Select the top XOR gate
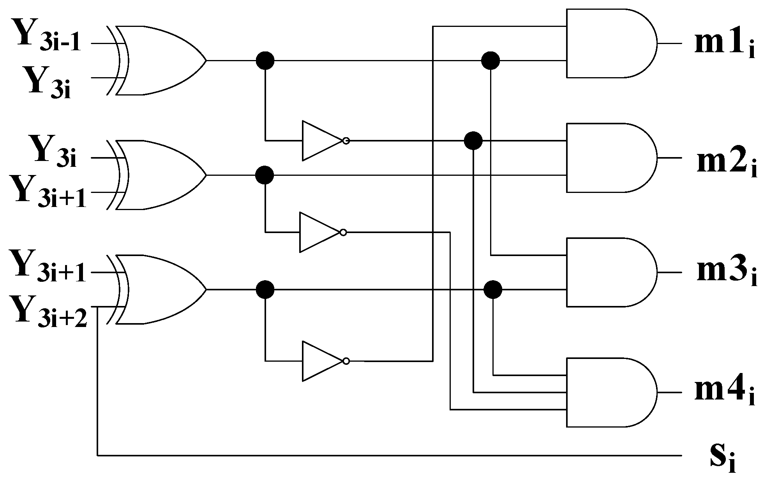[158, 61]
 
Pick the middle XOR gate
[158, 175]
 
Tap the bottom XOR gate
[158, 290]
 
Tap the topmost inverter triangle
[321, 141]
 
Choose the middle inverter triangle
[318, 232]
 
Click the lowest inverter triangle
[321, 361]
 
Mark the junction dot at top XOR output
[265, 61]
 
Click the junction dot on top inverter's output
[473, 141]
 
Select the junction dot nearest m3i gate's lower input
[493, 290]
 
